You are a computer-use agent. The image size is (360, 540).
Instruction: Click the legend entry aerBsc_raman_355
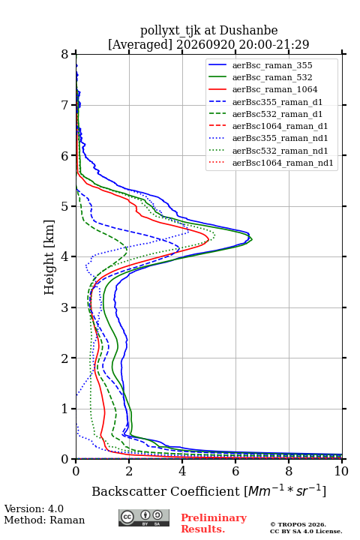272,65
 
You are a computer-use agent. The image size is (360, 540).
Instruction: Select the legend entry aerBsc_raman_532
272,77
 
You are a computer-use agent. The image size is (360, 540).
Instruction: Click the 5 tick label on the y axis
65,206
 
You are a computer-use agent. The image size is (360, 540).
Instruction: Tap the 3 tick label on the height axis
65,307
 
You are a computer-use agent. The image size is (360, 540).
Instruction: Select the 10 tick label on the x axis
341,471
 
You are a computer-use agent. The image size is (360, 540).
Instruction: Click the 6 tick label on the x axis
235,471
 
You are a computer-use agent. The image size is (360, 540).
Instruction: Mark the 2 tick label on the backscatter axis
129,471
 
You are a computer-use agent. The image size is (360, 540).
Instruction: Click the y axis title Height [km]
49,257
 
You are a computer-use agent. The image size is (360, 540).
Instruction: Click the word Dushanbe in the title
248,31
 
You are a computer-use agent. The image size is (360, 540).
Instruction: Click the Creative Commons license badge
144,518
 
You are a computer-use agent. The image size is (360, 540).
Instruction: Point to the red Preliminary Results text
214,523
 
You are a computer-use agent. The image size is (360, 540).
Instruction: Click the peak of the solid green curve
252,238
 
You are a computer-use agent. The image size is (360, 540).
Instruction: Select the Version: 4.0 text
34,508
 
